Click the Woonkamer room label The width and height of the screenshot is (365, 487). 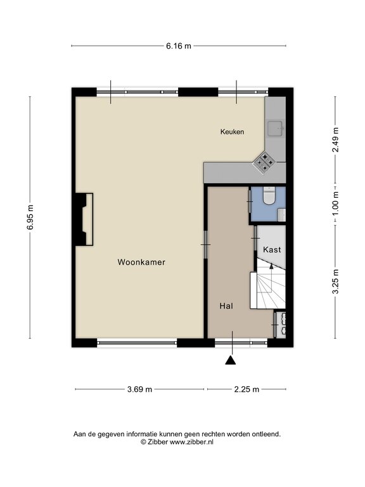pyautogui.click(x=141, y=262)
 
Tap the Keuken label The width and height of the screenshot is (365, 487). pyautogui.click(x=232, y=132)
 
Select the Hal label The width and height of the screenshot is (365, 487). pyautogui.click(x=226, y=306)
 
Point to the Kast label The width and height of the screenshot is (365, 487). pyautogui.click(x=272, y=249)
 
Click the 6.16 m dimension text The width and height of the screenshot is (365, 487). pyautogui.click(x=179, y=46)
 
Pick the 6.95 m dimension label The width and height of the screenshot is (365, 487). pyautogui.click(x=30, y=218)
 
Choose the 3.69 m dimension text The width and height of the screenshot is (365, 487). pyautogui.click(x=139, y=389)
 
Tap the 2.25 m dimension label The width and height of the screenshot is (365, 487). pyautogui.click(x=247, y=389)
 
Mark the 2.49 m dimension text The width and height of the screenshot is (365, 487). pyautogui.click(x=335, y=140)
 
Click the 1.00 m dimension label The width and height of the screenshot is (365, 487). pyautogui.click(x=335, y=204)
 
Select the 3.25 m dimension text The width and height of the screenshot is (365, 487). pyautogui.click(x=335, y=282)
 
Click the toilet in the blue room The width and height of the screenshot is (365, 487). pyautogui.click(x=269, y=196)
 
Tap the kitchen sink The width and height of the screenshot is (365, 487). pyautogui.click(x=275, y=129)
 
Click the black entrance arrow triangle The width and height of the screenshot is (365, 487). pyautogui.click(x=230, y=360)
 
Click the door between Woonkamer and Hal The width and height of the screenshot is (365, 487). pyautogui.click(x=206, y=245)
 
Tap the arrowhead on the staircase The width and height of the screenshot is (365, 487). pyautogui.click(x=272, y=266)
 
